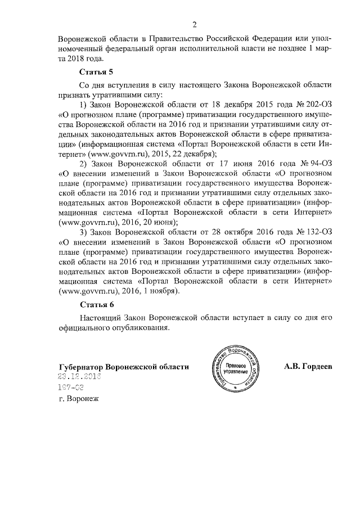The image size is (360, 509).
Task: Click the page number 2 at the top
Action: point(194,25)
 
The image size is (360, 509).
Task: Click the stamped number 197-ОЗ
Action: point(71,388)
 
